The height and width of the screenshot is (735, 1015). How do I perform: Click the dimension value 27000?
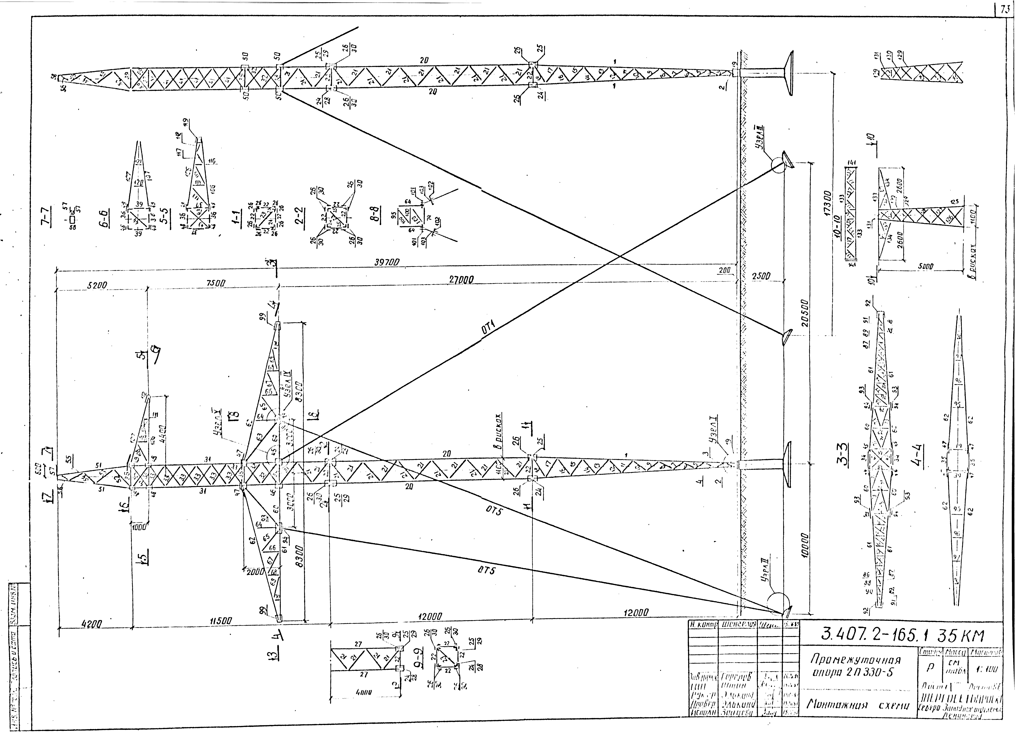[x=461, y=279]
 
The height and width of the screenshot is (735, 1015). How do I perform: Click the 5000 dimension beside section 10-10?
[x=926, y=266]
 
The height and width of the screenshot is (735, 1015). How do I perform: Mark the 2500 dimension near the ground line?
[x=761, y=276]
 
